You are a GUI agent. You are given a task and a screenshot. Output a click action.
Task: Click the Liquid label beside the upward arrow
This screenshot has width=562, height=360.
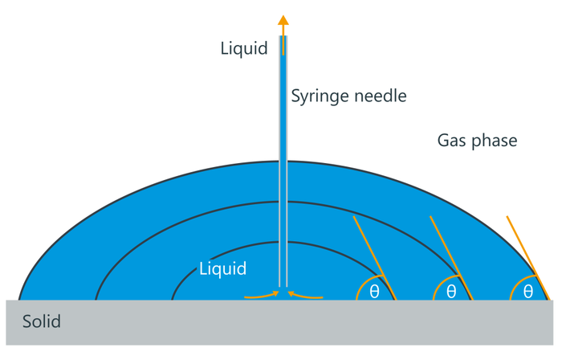coord(243,49)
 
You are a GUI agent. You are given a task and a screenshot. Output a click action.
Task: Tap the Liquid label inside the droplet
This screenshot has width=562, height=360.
coord(222,268)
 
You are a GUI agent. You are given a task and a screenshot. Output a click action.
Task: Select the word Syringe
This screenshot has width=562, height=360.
coord(320,96)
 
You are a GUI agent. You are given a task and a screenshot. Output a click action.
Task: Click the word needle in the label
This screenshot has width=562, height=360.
coord(380,96)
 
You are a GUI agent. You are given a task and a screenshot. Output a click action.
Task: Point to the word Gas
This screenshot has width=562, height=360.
coord(454,141)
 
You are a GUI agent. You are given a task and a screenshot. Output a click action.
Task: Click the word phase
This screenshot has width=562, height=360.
coord(495,141)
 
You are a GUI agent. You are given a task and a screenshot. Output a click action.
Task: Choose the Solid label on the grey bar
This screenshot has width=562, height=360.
coord(41,322)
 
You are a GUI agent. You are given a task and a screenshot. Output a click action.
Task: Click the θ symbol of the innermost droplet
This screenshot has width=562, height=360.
coord(374,292)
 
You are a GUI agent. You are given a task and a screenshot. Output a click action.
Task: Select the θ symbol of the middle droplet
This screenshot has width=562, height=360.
coord(451,292)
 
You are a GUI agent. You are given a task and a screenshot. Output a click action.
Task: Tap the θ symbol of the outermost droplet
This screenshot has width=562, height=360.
coord(527,292)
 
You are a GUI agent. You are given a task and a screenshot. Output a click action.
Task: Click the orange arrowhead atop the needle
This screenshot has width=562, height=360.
coord(283,22)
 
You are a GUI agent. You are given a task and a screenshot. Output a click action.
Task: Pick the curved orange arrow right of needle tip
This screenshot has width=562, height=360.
coord(306,296)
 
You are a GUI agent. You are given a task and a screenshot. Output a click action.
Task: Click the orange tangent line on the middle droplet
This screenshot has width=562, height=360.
coord(450,257)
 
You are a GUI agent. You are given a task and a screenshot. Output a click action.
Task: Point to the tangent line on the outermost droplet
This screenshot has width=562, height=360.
coord(527,257)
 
